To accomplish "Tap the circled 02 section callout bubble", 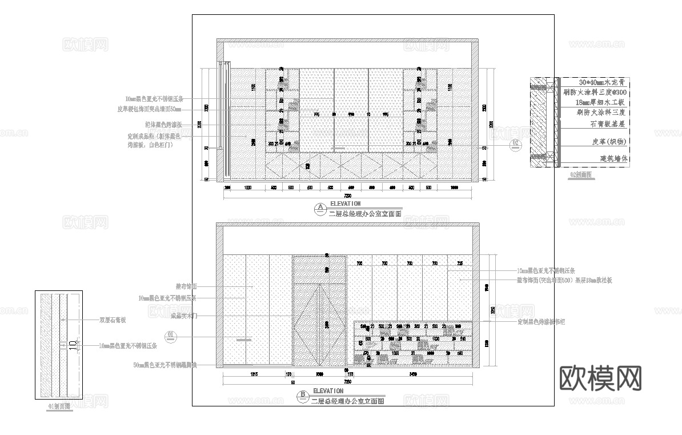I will point(515,143).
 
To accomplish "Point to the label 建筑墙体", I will point(613,159).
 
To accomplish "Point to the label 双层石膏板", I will point(113,320).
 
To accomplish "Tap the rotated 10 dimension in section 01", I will point(72,345).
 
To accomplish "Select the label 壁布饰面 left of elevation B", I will point(187,286).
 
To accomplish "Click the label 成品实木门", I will point(184,315).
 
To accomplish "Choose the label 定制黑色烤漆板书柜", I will point(541,322).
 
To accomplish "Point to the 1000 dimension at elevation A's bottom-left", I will point(248,187).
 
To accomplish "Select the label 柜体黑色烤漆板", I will point(163,125).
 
